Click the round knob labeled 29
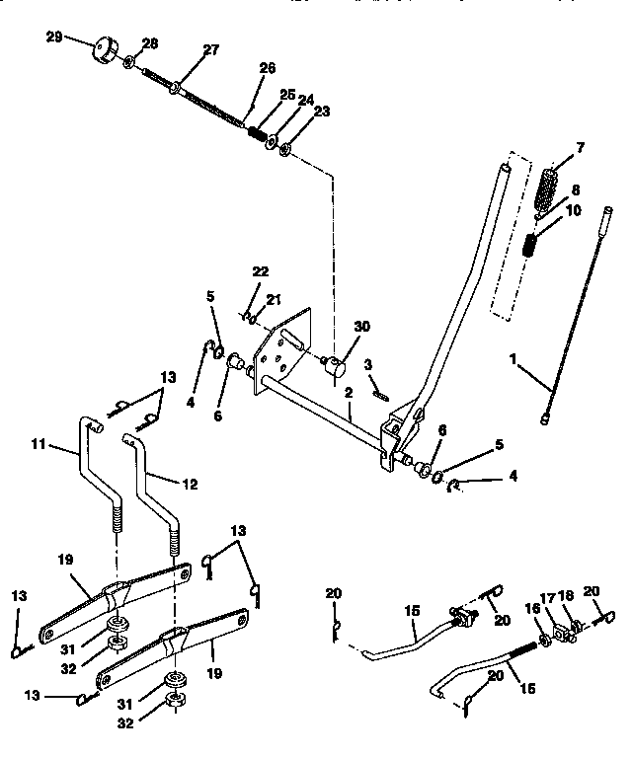[105, 48]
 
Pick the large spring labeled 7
[553, 186]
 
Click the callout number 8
[575, 191]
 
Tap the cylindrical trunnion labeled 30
[338, 368]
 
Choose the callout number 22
[260, 271]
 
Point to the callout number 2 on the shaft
[348, 391]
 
